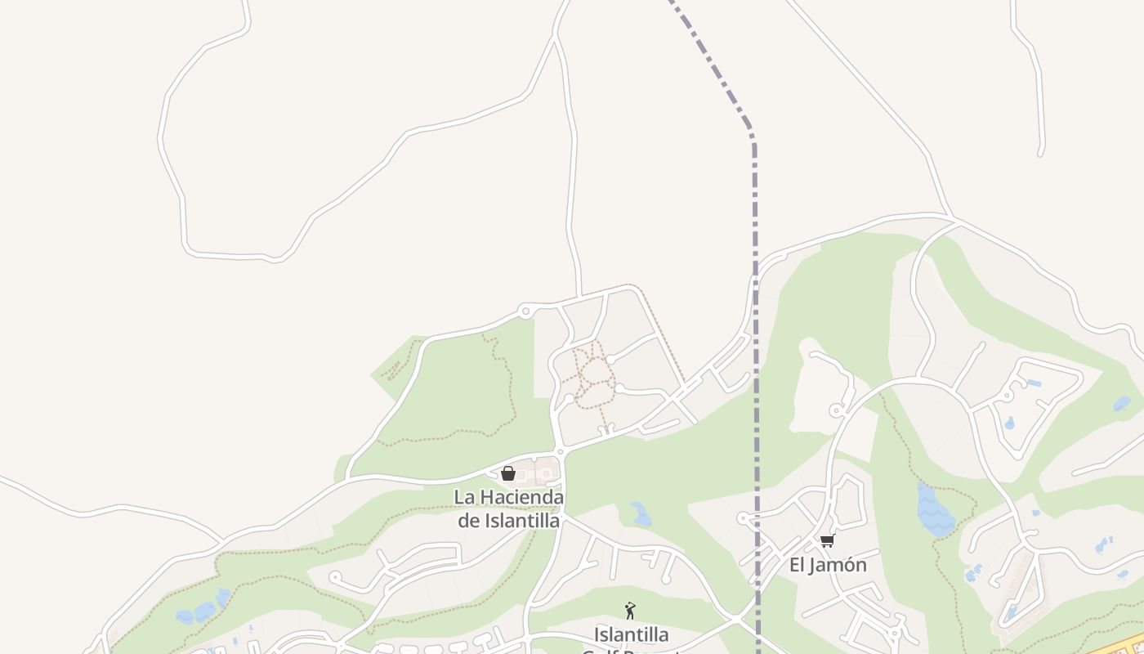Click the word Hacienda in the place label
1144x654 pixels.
[521, 497]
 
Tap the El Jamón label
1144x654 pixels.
[828, 565]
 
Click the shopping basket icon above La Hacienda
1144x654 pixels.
[508, 473]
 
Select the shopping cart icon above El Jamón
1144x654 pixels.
[827, 541]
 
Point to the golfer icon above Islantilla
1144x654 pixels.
[630, 611]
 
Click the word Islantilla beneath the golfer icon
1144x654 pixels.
[631, 634]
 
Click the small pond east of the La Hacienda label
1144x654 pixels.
[641, 514]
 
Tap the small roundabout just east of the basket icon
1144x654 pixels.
[560, 451]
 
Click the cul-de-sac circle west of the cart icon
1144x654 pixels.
[743, 517]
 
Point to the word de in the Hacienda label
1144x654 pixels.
[468, 521]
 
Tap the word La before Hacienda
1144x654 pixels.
[464, 497]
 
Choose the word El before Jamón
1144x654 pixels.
[798, 565]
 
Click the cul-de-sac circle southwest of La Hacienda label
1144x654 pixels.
[334, 577]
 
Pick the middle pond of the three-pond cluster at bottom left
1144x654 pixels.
[204, 611]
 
